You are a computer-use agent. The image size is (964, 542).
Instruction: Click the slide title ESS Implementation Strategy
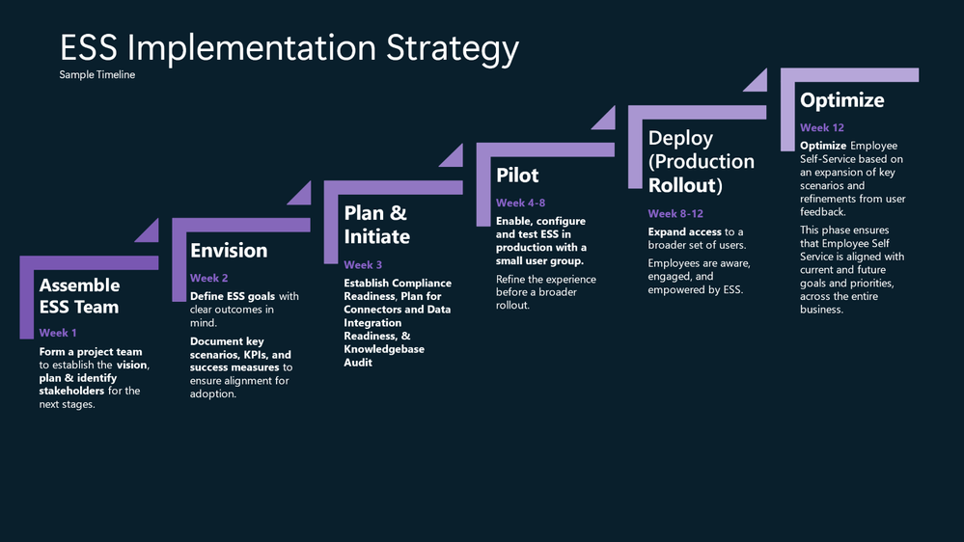click(289, 48)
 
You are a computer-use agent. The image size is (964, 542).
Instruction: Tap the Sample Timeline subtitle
click(97, 75)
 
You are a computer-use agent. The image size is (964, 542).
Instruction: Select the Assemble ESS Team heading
click(79, 295)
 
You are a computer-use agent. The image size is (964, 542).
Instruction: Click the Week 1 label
click(58, 333)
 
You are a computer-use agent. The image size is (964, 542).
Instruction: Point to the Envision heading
click(229, 251)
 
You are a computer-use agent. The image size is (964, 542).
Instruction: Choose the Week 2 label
click(209, 278)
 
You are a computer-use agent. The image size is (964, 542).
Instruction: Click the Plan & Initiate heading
click(377, 225)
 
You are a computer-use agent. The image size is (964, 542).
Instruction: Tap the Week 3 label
click(363, 265)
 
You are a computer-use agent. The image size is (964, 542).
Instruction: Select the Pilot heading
click(517, 176)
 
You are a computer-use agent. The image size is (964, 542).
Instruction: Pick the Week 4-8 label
click(521, 203)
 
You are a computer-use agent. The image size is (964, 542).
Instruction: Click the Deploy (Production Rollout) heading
click(701, 161)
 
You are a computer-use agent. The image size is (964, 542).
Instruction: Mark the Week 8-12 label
click(675, 213)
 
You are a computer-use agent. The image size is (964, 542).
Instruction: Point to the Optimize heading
click(841, 100)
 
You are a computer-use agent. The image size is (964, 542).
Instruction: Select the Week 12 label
click(822, 128)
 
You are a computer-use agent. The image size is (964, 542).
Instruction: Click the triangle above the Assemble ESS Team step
click(150, 232)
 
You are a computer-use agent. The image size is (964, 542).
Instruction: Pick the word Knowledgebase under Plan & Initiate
click(384, 349)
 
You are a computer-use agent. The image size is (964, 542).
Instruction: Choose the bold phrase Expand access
click(684, 231)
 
